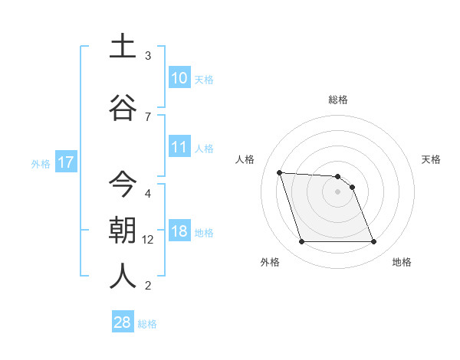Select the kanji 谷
pyautogui.click(x=123, y=108)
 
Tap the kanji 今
pyautogui.click(x=123, y=184)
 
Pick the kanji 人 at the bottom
pyautogui.click(x=123, y=277)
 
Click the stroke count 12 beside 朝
pyautogui.click(x=148, y=240)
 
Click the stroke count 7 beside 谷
pyautogui.click(x=148, y=116)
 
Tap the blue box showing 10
pyautogui.click(x=179, y=77)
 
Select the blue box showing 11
pyautogui.click(x=179, y=146)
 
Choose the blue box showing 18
pyautogui.click(x=179, y=231)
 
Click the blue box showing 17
pyautogui.click(x=65, y=162)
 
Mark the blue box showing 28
pyautogui.click(x=123, y=322)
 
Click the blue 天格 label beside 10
pyautogui.click(x=204, y=79)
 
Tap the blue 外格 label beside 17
pyautogui.click(x=41, y=163)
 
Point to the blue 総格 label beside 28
pyautogui.click(x=147, y=324)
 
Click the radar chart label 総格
pyautogui.click(x=338, y=100)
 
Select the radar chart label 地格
pyautogui.click(x=402, y=263)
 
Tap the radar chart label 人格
pyautogui.click(x=245, y=159)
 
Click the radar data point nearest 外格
pyautogui.click(x=301, y=242)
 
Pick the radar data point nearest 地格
pyautogui.click(x=373, y=242)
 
